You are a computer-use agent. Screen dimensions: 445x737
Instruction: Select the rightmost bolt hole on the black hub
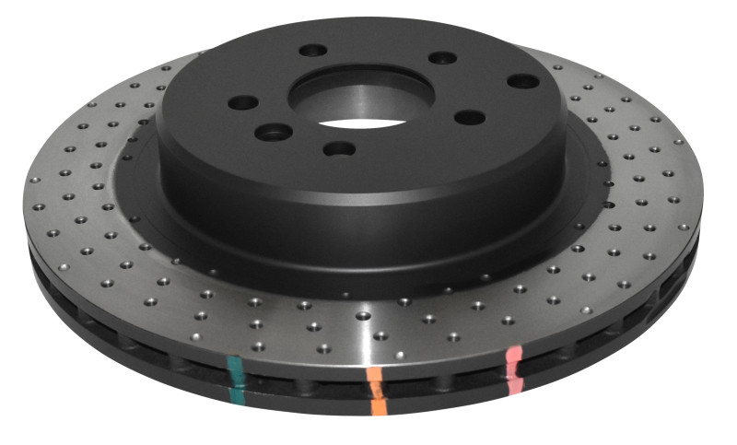522,81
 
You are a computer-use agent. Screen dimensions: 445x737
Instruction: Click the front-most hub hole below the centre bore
340,147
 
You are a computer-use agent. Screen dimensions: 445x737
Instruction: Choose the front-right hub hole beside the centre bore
470,117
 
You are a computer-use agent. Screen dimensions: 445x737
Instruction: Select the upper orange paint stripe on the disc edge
374,378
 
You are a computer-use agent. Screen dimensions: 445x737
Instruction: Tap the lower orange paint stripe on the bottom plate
378,404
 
